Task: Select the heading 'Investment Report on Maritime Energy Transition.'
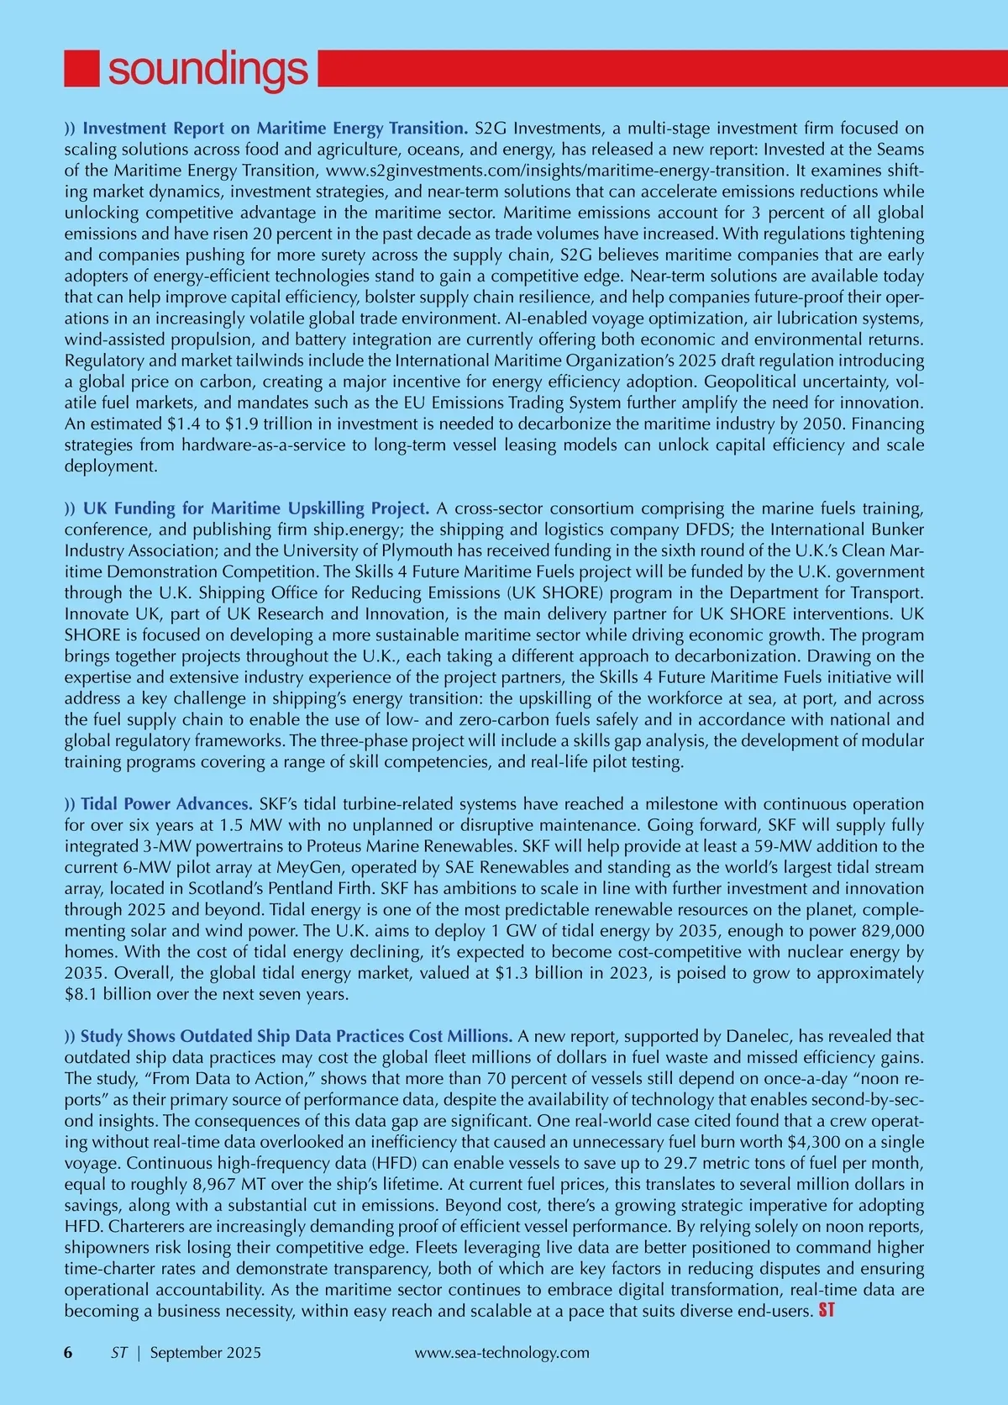[x=276, y=129]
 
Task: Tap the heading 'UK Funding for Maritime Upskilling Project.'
[x=256, y=508]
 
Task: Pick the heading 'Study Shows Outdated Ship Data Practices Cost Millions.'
[x=297, y=1036]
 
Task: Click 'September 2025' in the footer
[x=206, y=1353]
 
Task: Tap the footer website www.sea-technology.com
[x=502, y=1353]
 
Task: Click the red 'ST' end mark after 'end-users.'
[x=827, y=1311]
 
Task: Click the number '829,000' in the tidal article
[x=893, y=931]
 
